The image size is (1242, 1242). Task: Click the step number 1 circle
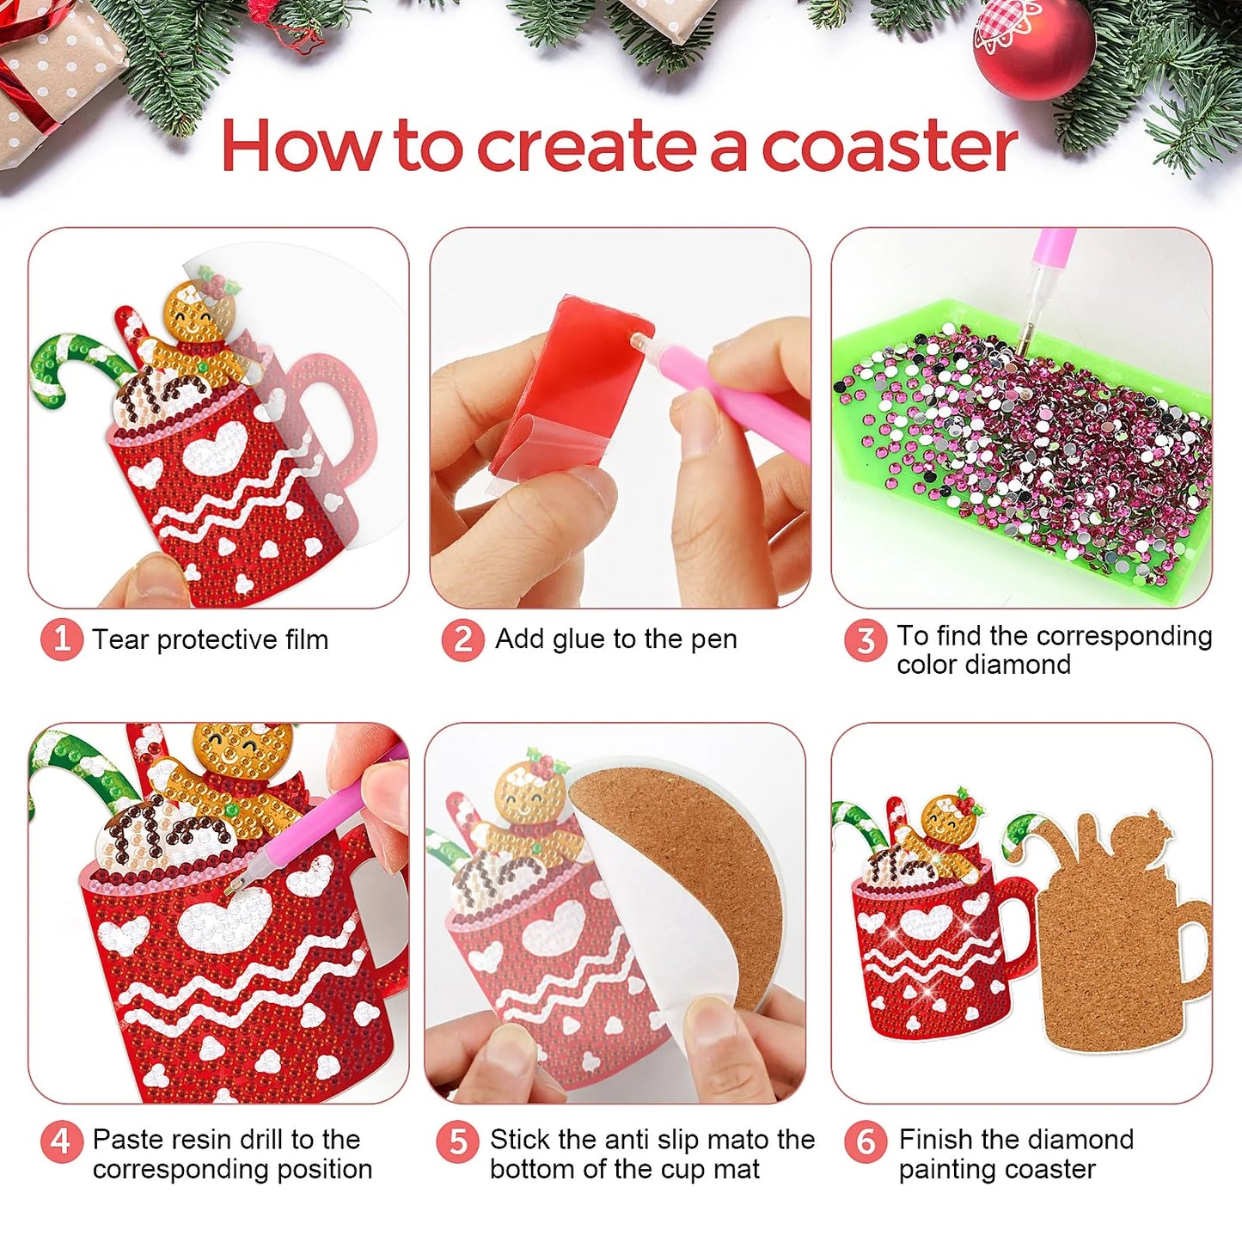pyautogui.click(x=61, y=639)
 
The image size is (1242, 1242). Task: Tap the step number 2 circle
pyautogui.click(x=462, y=639)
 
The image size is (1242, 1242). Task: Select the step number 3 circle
pyautogui.click(x=865, y=639)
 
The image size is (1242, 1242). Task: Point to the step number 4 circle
pyautogui.click(x=61, y=1141)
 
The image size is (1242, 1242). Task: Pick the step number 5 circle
pyautogui.click(x=457, y=1141)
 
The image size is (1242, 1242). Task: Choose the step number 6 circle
pyautogui.click(x=865, y=1141)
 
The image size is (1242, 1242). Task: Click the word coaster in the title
pyautogui.click(x=890, y=146)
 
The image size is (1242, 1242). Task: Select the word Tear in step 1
pyautogui.click(x=119, y=639)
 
